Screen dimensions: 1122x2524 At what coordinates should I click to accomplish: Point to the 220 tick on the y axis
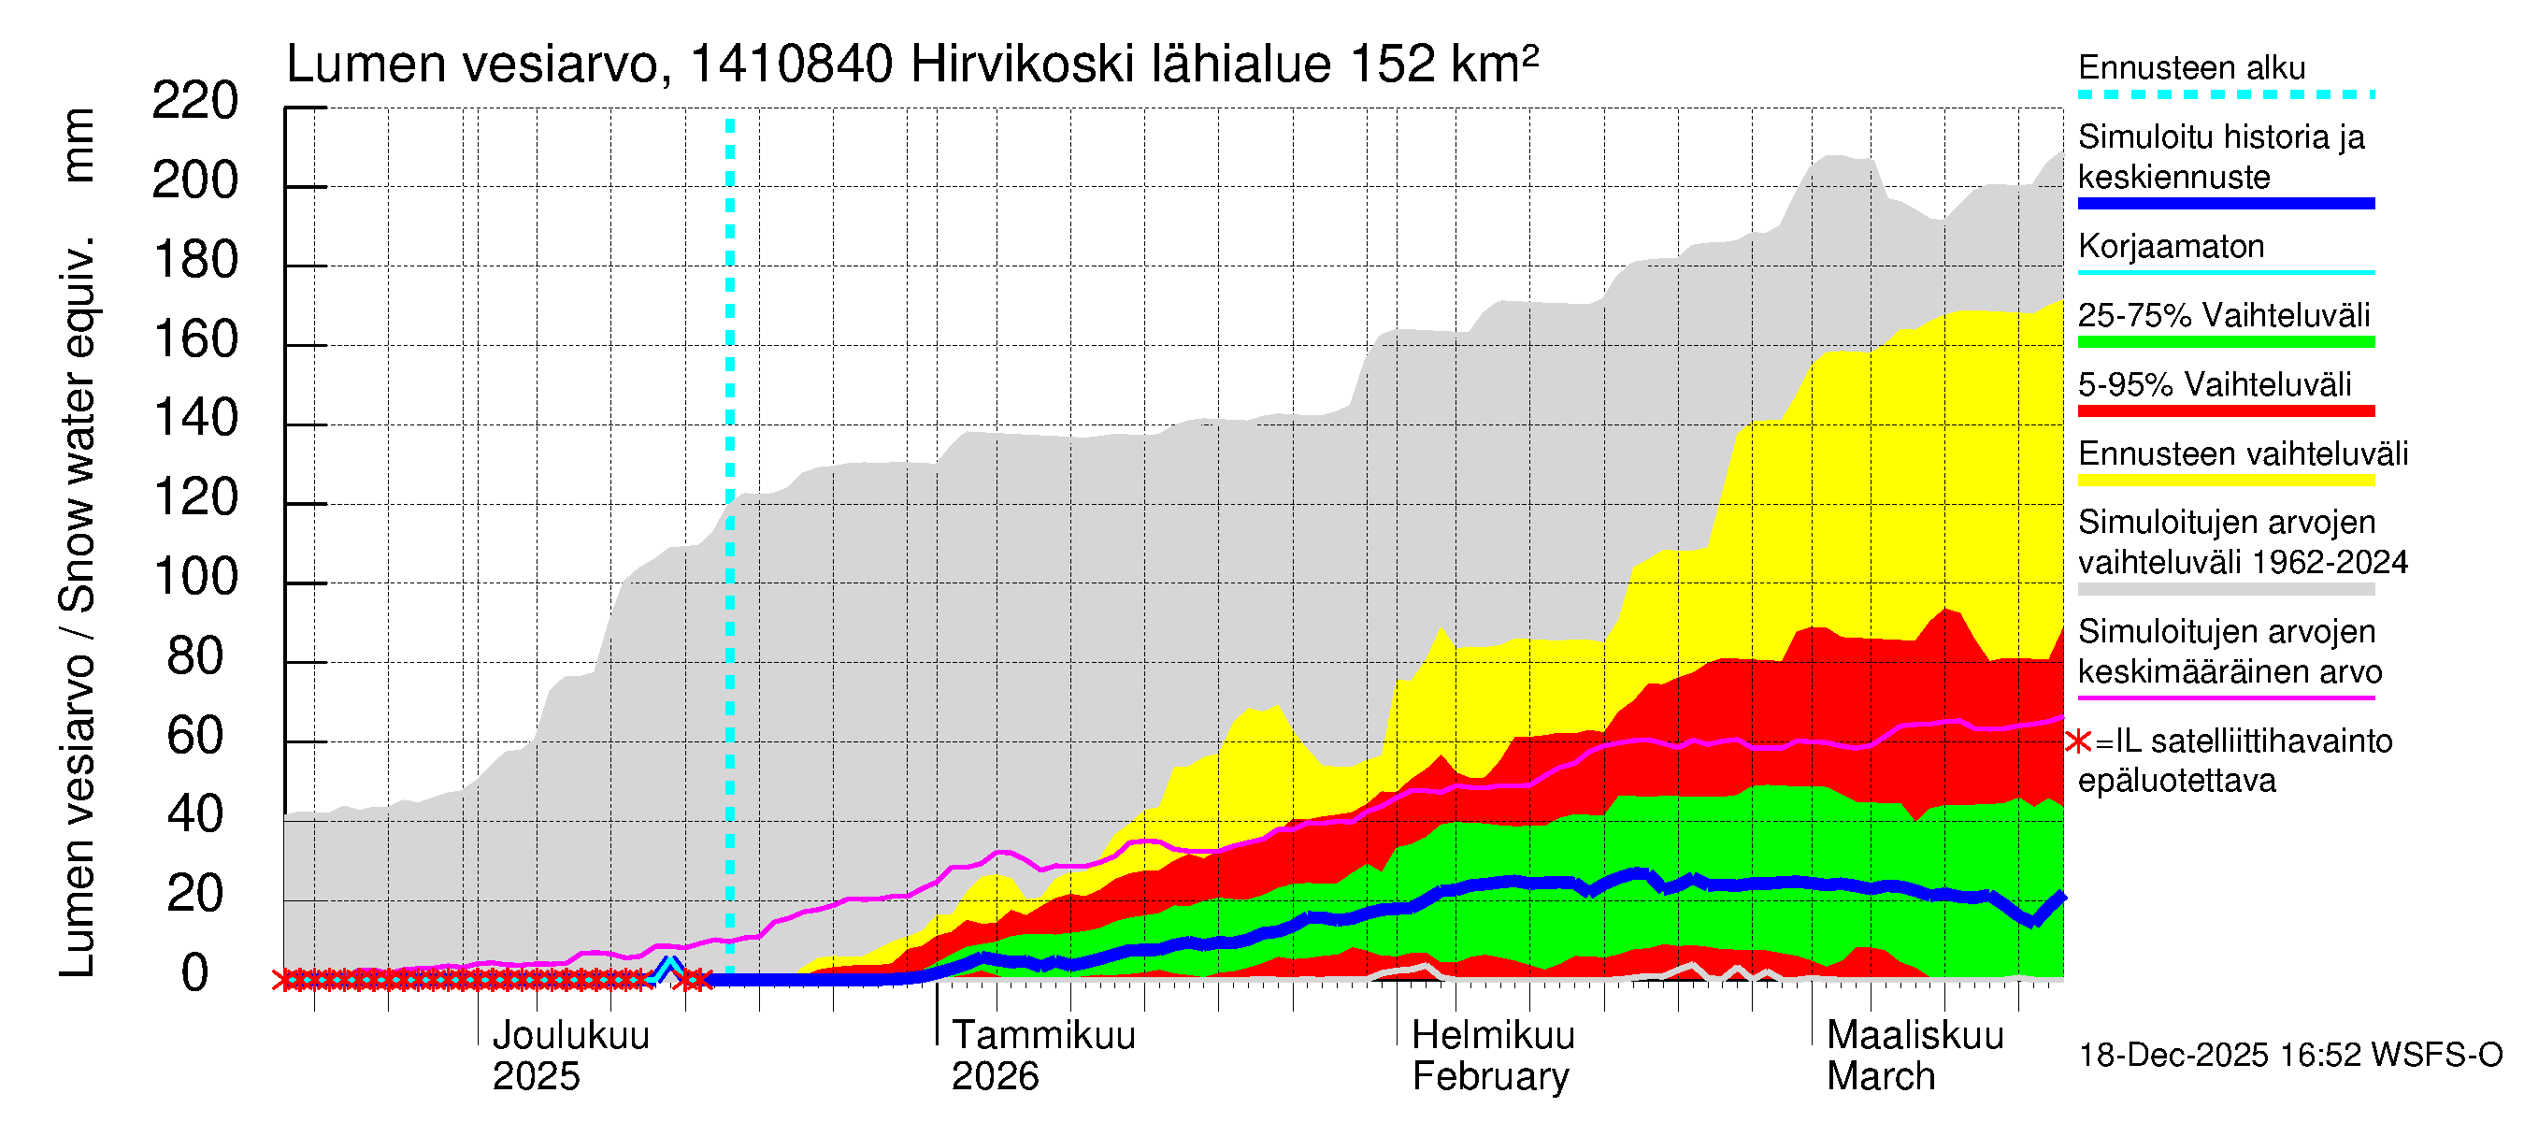195,102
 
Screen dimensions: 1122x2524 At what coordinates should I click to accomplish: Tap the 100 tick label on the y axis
195,577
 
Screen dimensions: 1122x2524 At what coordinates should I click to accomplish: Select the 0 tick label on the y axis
195,973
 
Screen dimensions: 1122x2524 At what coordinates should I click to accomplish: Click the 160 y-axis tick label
195,340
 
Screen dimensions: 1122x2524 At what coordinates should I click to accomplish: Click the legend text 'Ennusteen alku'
2191,67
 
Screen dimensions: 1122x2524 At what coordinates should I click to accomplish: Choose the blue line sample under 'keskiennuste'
2225,204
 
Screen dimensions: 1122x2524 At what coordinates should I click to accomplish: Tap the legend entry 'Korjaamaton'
2171,246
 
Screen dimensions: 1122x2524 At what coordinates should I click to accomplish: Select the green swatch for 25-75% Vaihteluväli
2225,342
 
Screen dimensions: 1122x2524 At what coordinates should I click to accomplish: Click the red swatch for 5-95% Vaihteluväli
2225,410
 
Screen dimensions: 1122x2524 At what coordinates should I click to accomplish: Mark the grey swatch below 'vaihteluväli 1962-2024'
2225,589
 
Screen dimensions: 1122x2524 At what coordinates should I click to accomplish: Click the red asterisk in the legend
2078,741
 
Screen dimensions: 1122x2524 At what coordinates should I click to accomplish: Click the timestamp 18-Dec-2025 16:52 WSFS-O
2289,1056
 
